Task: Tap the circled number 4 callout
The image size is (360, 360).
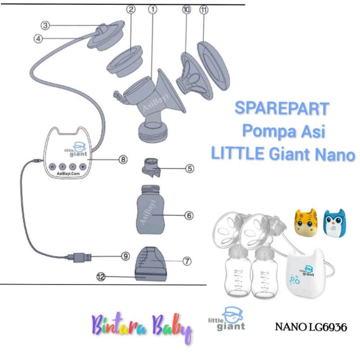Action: point(39,39)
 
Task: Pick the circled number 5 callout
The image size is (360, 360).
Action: point(190,169)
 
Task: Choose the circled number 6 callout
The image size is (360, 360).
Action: point(189,216)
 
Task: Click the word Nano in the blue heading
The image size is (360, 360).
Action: point(333,155)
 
